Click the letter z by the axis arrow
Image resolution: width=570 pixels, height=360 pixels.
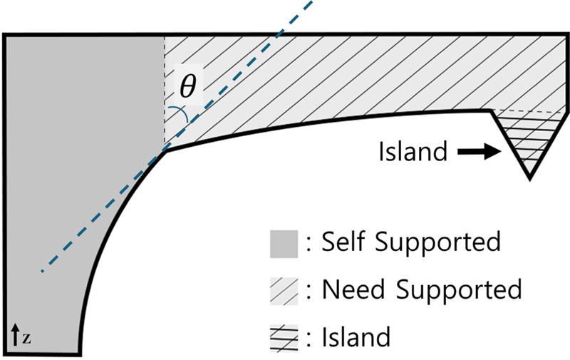pyautogui.click(x=26, y=334)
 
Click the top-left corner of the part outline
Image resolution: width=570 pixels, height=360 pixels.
pyautogui.click(x=5, y=34)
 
